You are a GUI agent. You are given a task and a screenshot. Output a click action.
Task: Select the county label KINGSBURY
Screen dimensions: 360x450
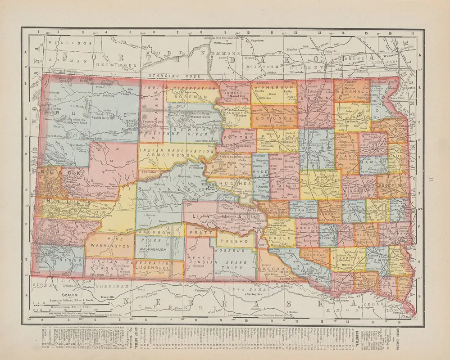click(358, 190)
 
